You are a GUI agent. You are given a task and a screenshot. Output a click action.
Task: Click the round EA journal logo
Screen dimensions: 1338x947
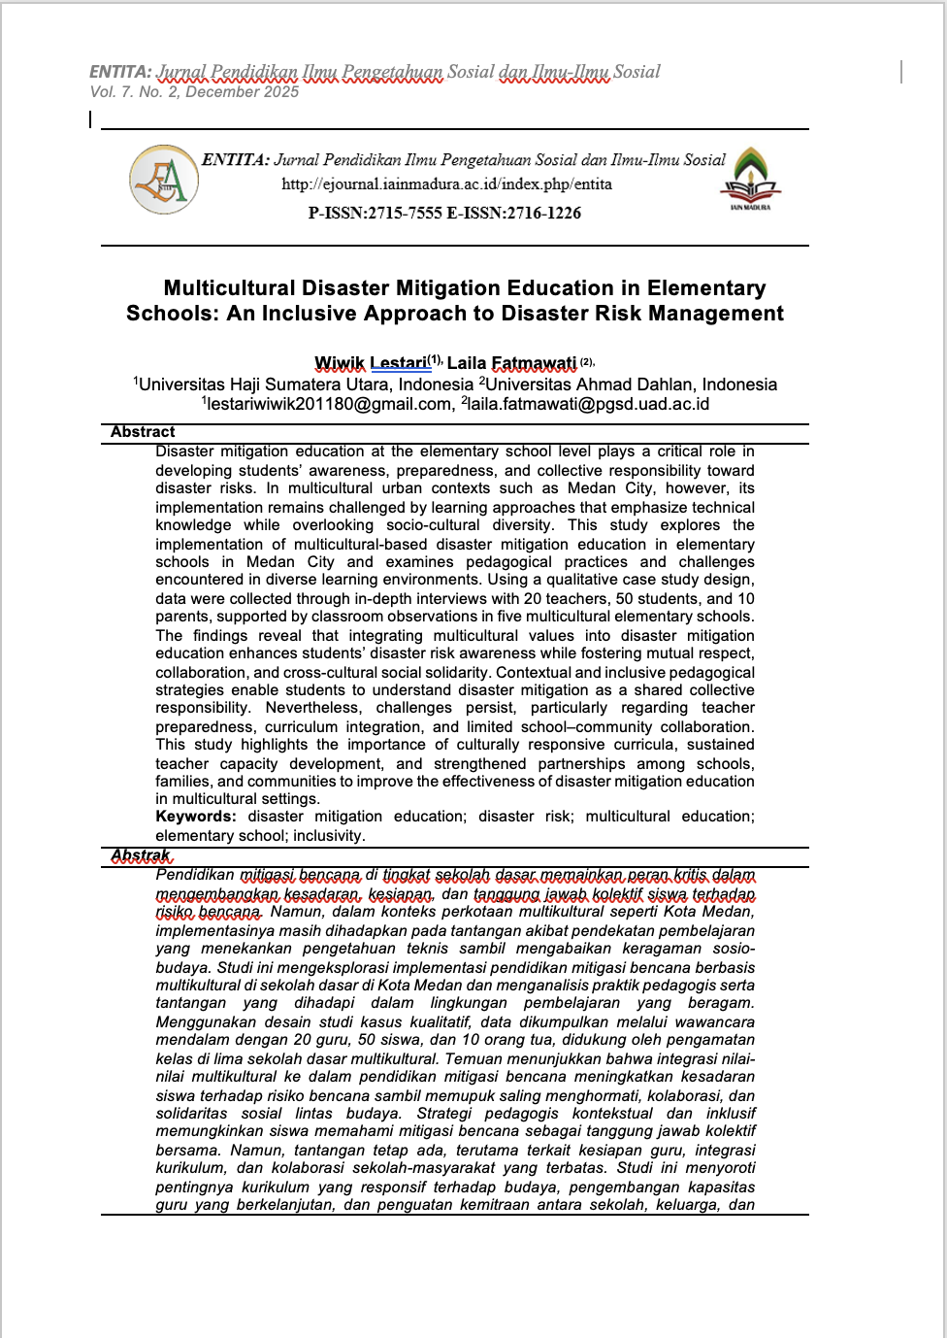click(x=164, y=180)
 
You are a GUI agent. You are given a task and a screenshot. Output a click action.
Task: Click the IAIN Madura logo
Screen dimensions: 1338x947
click(x=750, y=178)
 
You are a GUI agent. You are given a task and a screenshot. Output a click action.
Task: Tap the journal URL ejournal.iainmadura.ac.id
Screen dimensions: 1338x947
click(x=446, y=184)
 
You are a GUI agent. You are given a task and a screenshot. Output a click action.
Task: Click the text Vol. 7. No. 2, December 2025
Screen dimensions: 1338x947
click(x=194, y=92)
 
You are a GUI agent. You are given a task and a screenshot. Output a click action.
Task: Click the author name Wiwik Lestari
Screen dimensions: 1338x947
click(x=371, y=363)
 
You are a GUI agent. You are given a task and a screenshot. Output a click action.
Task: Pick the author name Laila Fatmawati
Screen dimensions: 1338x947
click(x=511, y=363)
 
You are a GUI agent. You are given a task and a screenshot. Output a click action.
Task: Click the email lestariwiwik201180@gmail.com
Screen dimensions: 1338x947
click(x=329, y=404)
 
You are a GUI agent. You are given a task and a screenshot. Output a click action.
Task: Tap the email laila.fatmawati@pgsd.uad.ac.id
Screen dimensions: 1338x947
click(x=588, y=404)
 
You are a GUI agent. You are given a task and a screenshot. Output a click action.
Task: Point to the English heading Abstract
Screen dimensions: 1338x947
click(x=143, y=432)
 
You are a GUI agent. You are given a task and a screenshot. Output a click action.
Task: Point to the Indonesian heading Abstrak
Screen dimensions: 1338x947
click(x=141, y=855)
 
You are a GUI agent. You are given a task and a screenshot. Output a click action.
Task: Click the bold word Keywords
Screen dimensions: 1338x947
click(x=195, y=817)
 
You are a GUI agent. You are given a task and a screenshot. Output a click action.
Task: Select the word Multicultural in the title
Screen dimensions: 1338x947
click(x=229, y=288)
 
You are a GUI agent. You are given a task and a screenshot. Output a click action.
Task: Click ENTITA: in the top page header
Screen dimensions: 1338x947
click(x=120, y=72)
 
